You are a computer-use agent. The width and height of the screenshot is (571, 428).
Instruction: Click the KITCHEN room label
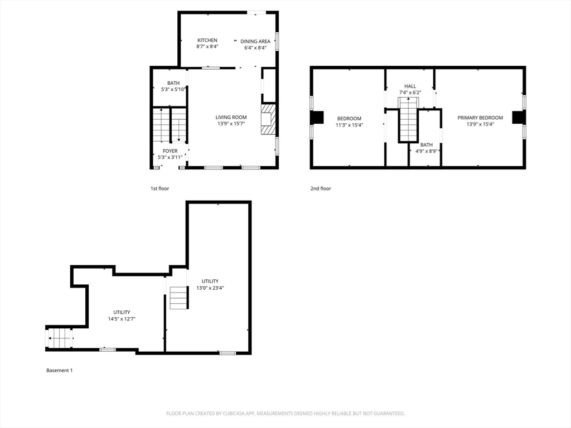(x=207, y=40)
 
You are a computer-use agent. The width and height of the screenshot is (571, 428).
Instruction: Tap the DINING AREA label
(x=255, y=41)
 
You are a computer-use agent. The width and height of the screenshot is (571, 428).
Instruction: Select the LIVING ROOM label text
(x=231, y=117)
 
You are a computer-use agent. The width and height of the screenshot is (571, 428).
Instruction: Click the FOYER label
(x=170, y=151)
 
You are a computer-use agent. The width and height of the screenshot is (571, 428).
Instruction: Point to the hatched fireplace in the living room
(x=268, y=119)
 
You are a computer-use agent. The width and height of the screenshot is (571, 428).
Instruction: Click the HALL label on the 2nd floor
(x=410, y=86)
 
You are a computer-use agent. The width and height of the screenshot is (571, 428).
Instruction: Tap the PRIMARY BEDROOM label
(x=480, y=118)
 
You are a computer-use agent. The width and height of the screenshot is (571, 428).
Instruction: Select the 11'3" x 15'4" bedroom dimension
(x=349, y=125)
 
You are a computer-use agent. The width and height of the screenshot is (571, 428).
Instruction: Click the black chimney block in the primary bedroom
(x=517, y=118)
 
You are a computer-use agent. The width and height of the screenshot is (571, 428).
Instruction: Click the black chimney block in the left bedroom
(x=317, y=118)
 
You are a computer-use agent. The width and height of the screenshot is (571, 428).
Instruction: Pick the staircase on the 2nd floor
(x=408, y=120)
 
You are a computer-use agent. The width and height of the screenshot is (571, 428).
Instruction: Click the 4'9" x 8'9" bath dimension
(x=426, y=151)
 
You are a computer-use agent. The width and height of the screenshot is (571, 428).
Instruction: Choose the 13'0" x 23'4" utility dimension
(x=210, y=288)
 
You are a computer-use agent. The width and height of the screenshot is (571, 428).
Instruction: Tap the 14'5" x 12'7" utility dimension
(x=122, y=319)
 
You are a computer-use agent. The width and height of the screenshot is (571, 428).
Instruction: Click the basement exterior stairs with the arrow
(x=60, y=338)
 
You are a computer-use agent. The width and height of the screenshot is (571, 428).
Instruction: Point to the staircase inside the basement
(x=178, y=298)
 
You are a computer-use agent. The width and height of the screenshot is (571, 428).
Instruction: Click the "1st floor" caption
(x=160, y=188)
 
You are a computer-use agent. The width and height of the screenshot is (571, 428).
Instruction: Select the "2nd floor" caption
(x=321, y=188)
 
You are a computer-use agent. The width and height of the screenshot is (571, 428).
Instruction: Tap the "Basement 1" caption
(x=59, y=371)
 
